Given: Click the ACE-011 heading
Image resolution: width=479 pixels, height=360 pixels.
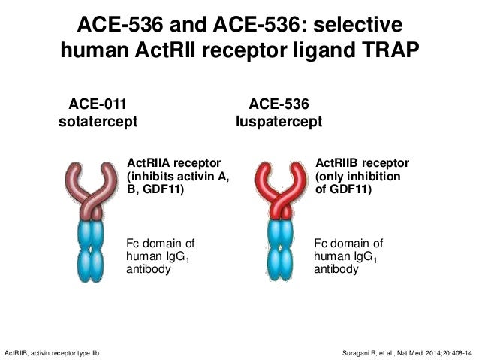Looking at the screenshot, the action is pyautogui.click(x=98, y=104).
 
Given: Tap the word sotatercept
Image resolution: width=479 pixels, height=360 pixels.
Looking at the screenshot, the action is pyautogui.click(x=98, y=122).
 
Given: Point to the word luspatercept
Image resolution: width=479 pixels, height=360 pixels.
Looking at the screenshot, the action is pyautogui.click(x=279, y=122).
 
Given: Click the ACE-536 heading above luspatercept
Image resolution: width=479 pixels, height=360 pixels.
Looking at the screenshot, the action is pyautogui.click(x=279, y=104).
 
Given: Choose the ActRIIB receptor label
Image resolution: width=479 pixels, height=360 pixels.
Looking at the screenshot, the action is pyautogui.click(x=362, y=162).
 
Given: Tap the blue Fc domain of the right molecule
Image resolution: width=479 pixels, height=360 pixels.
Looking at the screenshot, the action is pyautogui.click(x=280, y=248).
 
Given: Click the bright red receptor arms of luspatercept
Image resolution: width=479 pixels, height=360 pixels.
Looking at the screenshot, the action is pyautogui.click(x=280, y=184).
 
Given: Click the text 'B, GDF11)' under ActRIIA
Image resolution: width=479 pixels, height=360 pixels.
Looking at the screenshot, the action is pyautogui.click(x=155, y=191).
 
